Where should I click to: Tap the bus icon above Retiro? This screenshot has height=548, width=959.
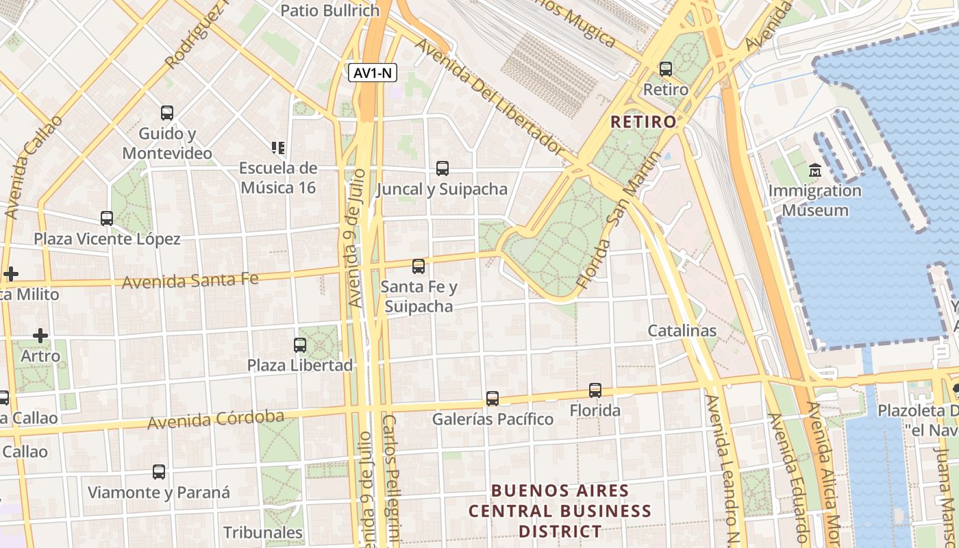[665, 69]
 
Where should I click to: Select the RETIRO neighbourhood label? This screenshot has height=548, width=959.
[643, 122]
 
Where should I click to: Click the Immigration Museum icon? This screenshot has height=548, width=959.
[814, 171]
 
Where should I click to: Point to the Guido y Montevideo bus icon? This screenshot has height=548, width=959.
[167, 113]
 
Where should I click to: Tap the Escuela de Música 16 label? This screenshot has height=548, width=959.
[277, 177]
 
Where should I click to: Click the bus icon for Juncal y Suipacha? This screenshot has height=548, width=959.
[443, 169]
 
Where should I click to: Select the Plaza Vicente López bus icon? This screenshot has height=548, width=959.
[107, 219]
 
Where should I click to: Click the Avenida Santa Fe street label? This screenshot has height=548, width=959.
[190, 280]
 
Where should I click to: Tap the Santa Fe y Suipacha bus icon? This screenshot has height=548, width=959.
[418, 266]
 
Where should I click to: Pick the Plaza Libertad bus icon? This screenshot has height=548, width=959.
[300, 345]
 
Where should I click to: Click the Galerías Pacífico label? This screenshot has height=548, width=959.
[492, 419]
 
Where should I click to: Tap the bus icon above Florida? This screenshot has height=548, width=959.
[595, 390]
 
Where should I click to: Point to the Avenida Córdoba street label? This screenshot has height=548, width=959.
[215, 419]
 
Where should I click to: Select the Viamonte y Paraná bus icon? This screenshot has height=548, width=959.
[159, 472]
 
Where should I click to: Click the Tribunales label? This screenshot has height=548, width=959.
[262, 532]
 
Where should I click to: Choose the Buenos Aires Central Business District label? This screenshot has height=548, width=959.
[560, 511]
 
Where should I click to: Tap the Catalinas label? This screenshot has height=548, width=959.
[682, 331]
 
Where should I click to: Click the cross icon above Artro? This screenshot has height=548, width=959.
[40, 336]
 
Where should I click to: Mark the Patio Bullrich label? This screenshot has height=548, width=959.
[330, 10]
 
